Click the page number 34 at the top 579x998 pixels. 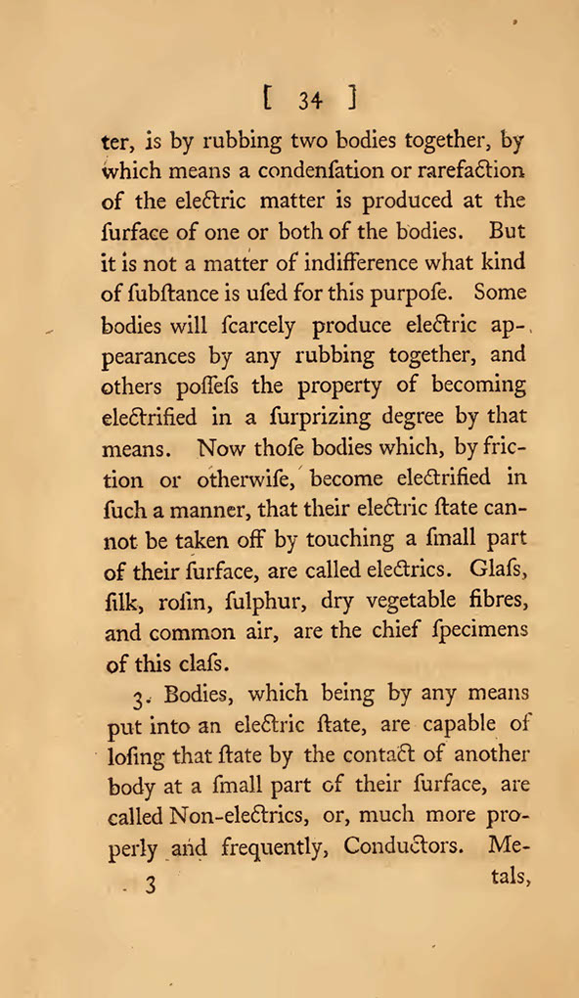311,100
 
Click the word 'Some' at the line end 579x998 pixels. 500,293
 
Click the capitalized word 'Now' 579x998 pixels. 224,448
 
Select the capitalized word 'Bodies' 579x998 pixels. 200,696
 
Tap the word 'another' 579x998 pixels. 487,754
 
